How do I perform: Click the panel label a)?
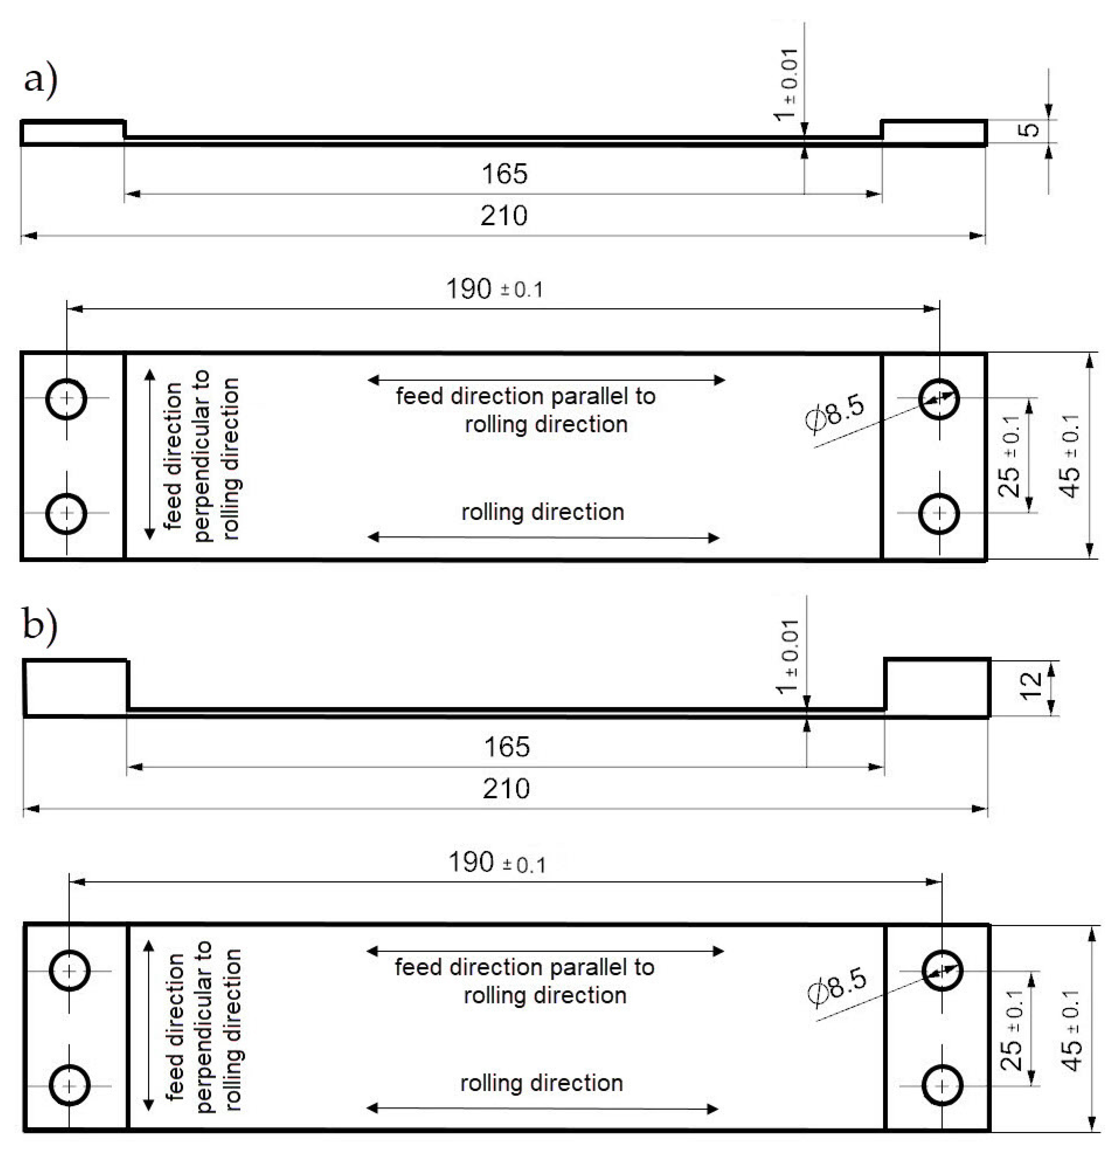40,79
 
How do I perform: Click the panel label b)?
40,625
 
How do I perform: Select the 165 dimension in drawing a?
504,174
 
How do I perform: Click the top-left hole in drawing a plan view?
67,398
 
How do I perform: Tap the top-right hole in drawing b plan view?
942,970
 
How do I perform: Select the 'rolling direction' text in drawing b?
541,1083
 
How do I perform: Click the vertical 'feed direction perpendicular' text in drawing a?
202,456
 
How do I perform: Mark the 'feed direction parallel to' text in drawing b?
524,967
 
